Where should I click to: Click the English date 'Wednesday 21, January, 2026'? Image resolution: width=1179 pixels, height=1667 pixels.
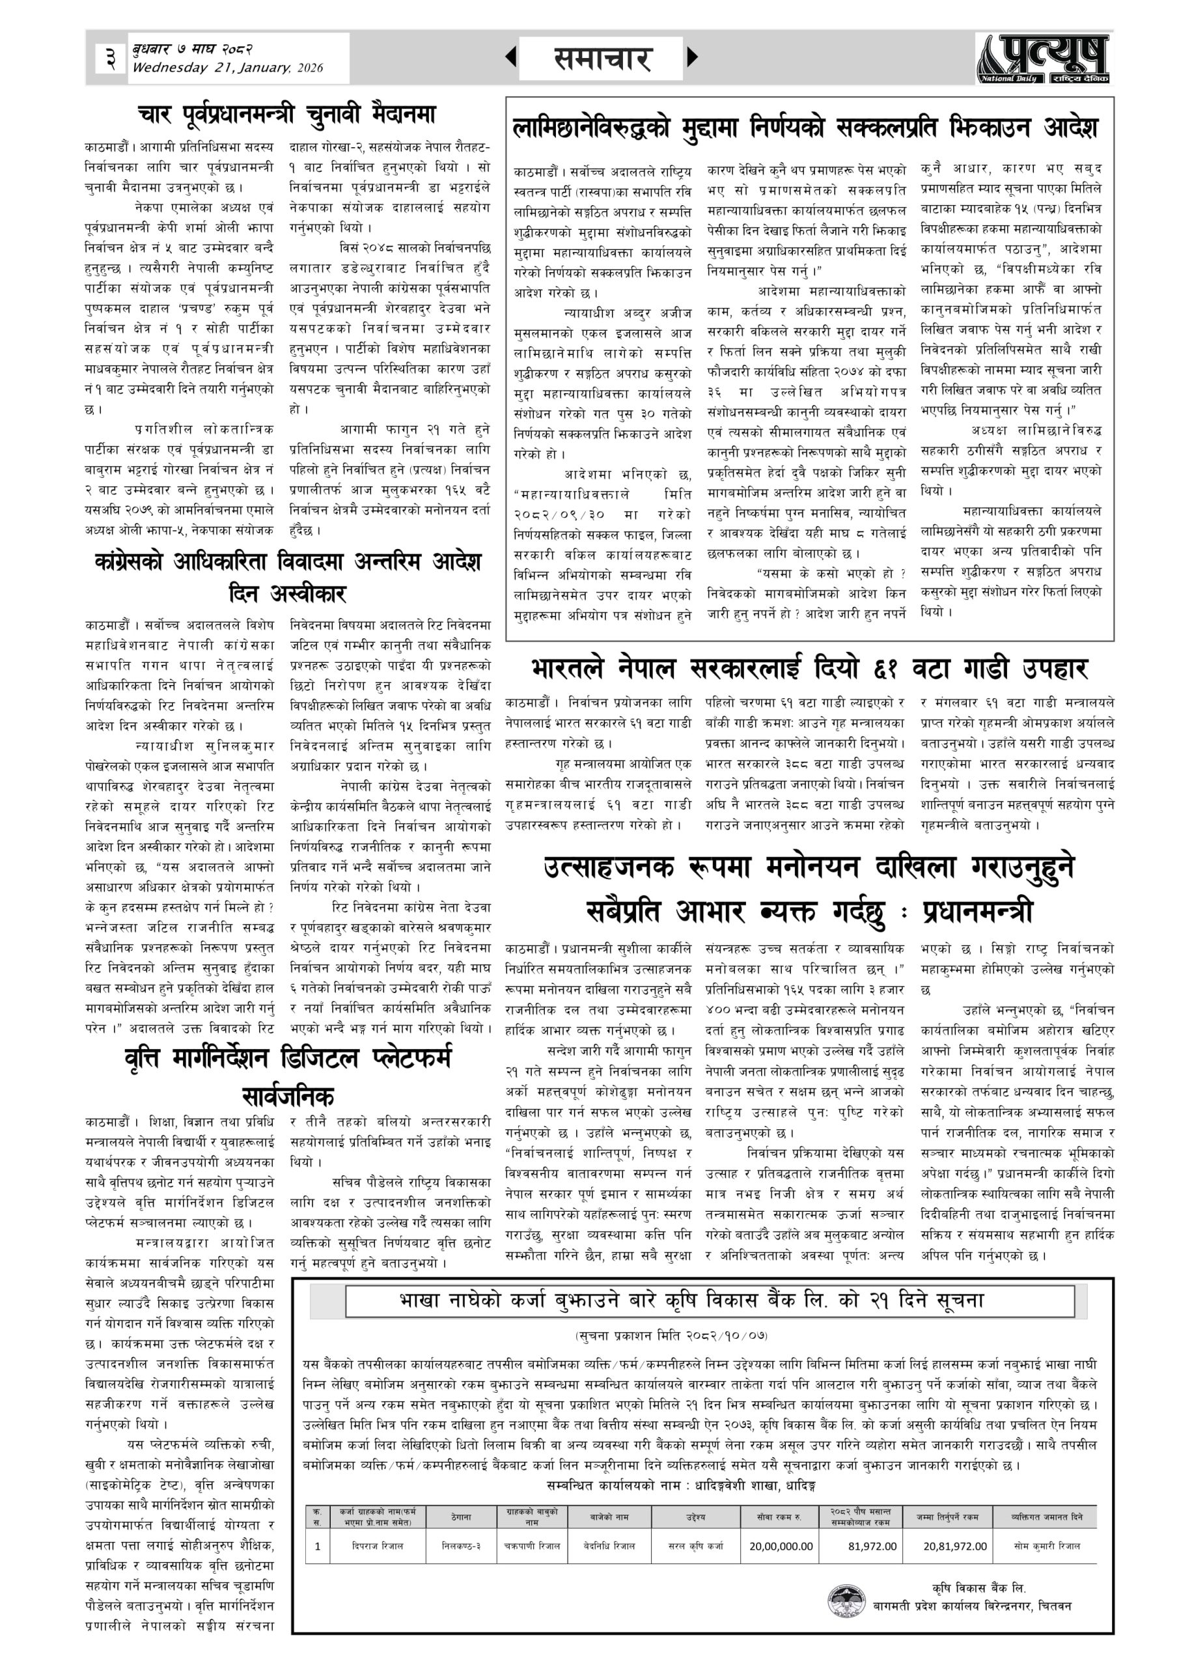click(228, 68)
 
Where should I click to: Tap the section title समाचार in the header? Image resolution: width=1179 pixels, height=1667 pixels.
click(602, 58)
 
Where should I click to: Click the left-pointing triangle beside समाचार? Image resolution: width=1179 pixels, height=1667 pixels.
click(511, 57)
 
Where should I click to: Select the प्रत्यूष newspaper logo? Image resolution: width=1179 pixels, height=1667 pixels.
click(1042, 58)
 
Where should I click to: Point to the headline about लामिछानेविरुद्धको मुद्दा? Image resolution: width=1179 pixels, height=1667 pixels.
click(809, 128)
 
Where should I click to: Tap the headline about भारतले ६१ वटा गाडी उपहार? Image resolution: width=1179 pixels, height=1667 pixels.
click(809, 668)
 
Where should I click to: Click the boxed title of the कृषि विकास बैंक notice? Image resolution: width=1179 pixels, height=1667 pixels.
click(691, 1300)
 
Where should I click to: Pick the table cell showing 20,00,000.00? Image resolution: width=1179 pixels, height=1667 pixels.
click(781, 1547)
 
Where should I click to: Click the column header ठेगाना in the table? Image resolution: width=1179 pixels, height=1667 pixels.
click(460, 1517)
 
